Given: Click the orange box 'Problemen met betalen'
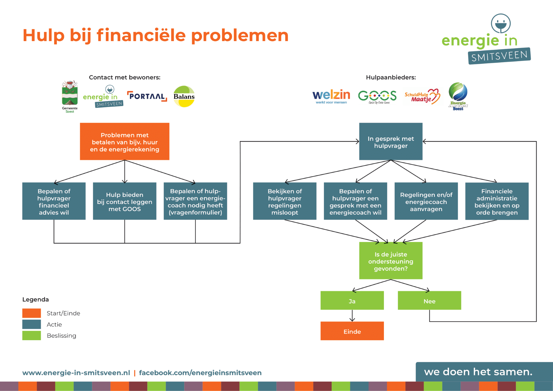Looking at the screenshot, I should (124, 142).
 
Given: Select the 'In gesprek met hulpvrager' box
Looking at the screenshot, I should (390, 142).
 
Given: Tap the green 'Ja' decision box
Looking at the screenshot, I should (352, 301).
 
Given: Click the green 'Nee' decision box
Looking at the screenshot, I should (429, 301).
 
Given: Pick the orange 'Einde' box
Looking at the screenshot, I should (352, 331).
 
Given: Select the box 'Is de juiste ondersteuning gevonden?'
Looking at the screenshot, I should (390, 261).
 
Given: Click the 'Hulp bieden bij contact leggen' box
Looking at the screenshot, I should (124, 201).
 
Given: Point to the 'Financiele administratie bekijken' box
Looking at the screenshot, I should (497, 201).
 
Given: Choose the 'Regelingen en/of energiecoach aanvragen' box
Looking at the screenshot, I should (426, 201).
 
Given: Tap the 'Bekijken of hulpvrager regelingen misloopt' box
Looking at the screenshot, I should (285, 201).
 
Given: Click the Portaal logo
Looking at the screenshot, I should (147, 96).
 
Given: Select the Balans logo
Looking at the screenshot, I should (184, 96).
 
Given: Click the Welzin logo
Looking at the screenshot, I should (331, 96).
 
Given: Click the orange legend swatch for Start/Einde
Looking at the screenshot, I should (32, 313).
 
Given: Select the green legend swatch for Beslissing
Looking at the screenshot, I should (32, 335).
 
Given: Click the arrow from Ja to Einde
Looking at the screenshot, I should (352, 316).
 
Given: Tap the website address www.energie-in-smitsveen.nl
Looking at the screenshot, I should (76, 373).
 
